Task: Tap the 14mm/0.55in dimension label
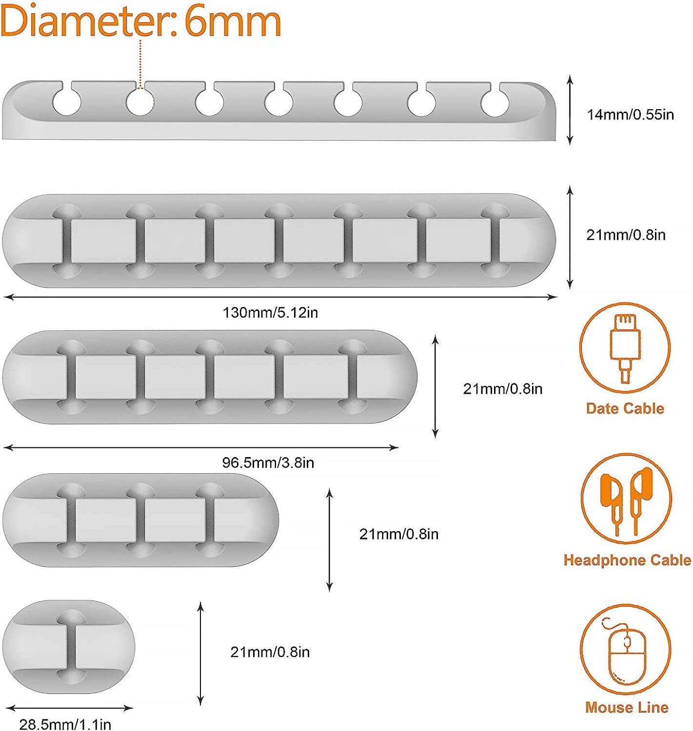(630, 115)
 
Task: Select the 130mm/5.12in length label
(270, 312)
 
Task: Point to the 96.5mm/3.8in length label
(268, 462)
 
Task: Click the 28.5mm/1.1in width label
(65, 724)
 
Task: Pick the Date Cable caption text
(625, 408)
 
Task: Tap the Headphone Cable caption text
(627, 560)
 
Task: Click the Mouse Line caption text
(627, 707)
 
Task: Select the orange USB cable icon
(625, 347)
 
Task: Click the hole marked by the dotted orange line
(140, 102)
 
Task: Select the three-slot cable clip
(140, 520)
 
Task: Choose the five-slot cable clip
(210, 377)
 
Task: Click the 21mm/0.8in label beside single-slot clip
(270, 652)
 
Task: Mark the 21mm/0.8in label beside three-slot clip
(398, 534)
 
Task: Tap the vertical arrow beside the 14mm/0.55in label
(570, 110)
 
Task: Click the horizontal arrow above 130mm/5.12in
(280, 296)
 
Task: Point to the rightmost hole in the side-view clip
(495, 103)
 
